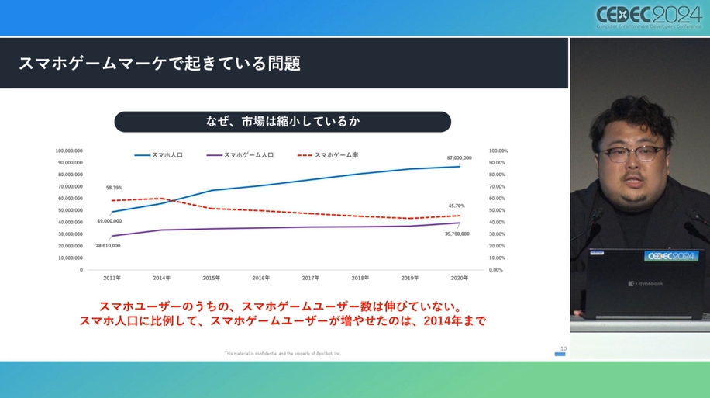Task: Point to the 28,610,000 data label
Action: click(108, 245)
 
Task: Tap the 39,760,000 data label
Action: click(457, 234)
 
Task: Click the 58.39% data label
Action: click(114, 188)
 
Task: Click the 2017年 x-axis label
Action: click(310, 277)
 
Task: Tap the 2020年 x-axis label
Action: click(459, 277)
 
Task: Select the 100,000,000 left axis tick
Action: click(69, 151)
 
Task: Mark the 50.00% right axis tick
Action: click(497, 210)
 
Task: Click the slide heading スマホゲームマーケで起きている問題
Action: click(160, 63)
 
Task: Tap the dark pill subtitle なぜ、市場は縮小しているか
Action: click(282, 122)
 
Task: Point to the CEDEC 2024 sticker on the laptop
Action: click(672, 255)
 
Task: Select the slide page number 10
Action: click(563, 348)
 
